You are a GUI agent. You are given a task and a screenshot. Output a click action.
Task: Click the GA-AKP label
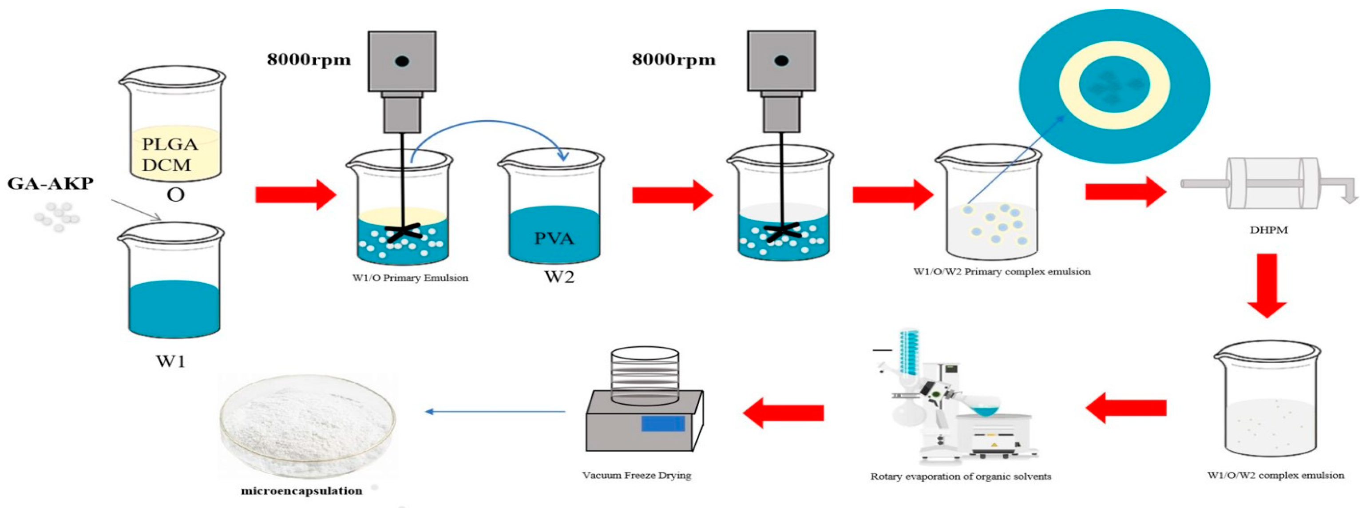click(x=50, y=183)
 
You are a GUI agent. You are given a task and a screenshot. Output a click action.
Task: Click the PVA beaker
click(x=551, y=207)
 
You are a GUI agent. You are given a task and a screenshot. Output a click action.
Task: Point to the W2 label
click(x=559, y=277)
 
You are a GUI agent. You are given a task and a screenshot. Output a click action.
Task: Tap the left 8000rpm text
click(x=309, y=60)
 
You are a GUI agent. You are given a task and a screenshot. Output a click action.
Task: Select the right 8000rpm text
click(x=673, y=60)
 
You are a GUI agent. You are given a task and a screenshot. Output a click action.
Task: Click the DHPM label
click(x=1268, y=230)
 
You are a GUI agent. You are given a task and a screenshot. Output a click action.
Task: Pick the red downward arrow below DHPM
click(x=1267, y=285)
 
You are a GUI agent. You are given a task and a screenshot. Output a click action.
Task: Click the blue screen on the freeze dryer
click(x=663, y=424)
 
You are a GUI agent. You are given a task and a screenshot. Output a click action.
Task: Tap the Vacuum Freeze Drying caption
click(x=636, y=475)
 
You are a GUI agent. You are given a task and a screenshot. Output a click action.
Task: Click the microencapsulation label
click(x=302, y=491)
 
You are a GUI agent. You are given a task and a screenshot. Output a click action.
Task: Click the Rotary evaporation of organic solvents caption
click(x=960, y=476)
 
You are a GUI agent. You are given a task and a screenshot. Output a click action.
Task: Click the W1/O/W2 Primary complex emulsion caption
click(x=1002, y=271)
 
